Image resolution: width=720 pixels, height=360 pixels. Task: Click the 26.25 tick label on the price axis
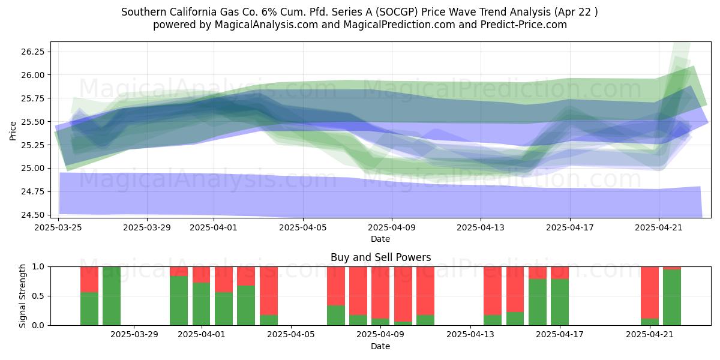click(33, 52)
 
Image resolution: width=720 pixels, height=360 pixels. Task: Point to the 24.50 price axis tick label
click(33, 215)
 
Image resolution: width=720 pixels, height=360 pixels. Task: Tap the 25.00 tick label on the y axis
click(33, 168)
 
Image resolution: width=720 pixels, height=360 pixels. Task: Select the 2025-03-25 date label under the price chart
click(58, 227)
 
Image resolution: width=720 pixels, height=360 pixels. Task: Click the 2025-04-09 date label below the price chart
click(392, 227)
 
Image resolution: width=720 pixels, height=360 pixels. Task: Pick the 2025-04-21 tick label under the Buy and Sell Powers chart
click(650, 334)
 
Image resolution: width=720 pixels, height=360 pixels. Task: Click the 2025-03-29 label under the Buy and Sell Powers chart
click(134, 334)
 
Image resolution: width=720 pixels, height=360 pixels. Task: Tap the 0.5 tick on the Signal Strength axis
click(39, 296)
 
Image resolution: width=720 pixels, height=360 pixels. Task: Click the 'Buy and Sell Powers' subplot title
click(380, 257)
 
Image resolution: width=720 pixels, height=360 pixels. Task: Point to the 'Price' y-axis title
click(13, 131)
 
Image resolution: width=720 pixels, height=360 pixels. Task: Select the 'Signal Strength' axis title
click(22, 296)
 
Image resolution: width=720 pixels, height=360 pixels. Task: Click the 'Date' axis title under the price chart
click(380, 239)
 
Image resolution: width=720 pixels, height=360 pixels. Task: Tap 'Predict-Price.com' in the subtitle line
click(524, 25)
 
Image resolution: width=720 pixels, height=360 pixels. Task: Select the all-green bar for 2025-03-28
click(112, 296)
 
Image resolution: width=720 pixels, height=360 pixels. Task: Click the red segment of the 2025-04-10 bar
click(403, 294)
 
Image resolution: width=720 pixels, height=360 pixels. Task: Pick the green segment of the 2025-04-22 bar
click(672, 298)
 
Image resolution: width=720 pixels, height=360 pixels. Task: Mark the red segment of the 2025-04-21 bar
click(650, 293)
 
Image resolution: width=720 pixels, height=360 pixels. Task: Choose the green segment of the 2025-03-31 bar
click(179, 301)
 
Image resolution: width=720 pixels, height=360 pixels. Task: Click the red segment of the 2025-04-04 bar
click(269, 291)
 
